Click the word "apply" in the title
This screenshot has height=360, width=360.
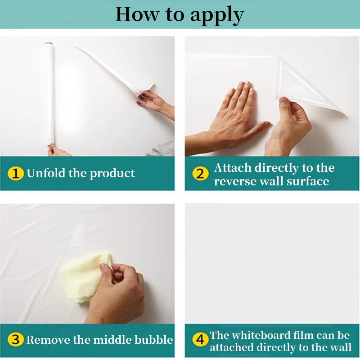click(x=217, y=15)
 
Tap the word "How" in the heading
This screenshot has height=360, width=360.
click(x=137, y=14)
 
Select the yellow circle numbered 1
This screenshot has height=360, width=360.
click(x=15, y=173)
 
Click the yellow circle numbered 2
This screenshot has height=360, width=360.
click(x=200, y=174)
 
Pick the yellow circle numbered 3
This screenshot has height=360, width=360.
click(x=15, y=340)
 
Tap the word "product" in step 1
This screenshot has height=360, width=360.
click(x=112, y=174)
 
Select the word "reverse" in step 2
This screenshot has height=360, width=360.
click(x=235, y=182)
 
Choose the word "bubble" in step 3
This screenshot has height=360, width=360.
click(x=153, y=340)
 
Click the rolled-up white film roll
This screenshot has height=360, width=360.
click(x=51, y=94)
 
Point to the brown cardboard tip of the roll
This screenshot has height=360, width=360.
click(x=49, y=44)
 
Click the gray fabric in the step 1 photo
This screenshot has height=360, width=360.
click(x=162, y=149)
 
